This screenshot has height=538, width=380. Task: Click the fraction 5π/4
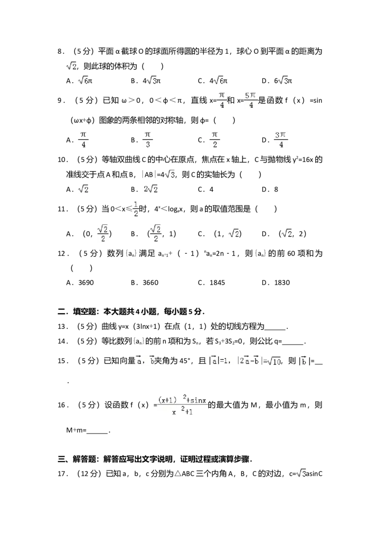(250, 101)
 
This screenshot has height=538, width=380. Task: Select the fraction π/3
(148, 139)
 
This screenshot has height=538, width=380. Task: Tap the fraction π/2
(215, 139)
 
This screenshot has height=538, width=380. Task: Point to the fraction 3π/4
(281, 139)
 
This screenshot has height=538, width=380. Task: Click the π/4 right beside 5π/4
(221, 101)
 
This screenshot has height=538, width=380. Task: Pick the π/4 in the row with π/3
(84, 139)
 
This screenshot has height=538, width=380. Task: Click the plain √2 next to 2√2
(84, 189)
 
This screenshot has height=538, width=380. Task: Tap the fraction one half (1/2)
(135, 210)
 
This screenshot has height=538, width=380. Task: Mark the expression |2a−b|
(249, 362)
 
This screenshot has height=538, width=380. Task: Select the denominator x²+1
(182, 412)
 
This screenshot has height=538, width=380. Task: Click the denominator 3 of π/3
(148, 144)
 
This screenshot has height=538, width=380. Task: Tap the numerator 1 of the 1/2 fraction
(135, 205)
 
